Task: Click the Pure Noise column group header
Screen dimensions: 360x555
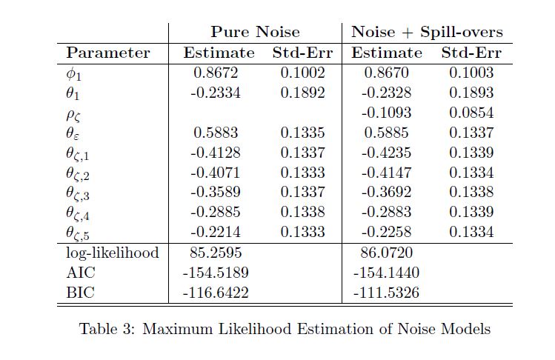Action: click(x=255, y=32)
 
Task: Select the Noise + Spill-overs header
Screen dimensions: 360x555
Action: click(x=427, y=32)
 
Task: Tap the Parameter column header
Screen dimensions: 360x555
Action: click(x=108, y=53)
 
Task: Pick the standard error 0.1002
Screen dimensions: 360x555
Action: click(x=303, y=73)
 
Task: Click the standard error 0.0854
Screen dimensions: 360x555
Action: click(x=471, y=113)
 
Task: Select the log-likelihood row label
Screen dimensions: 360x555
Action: click(x=113, y=253)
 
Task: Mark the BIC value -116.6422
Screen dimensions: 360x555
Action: click(x=215, y=293)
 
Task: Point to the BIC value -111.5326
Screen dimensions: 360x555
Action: click(x=386, y=293)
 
